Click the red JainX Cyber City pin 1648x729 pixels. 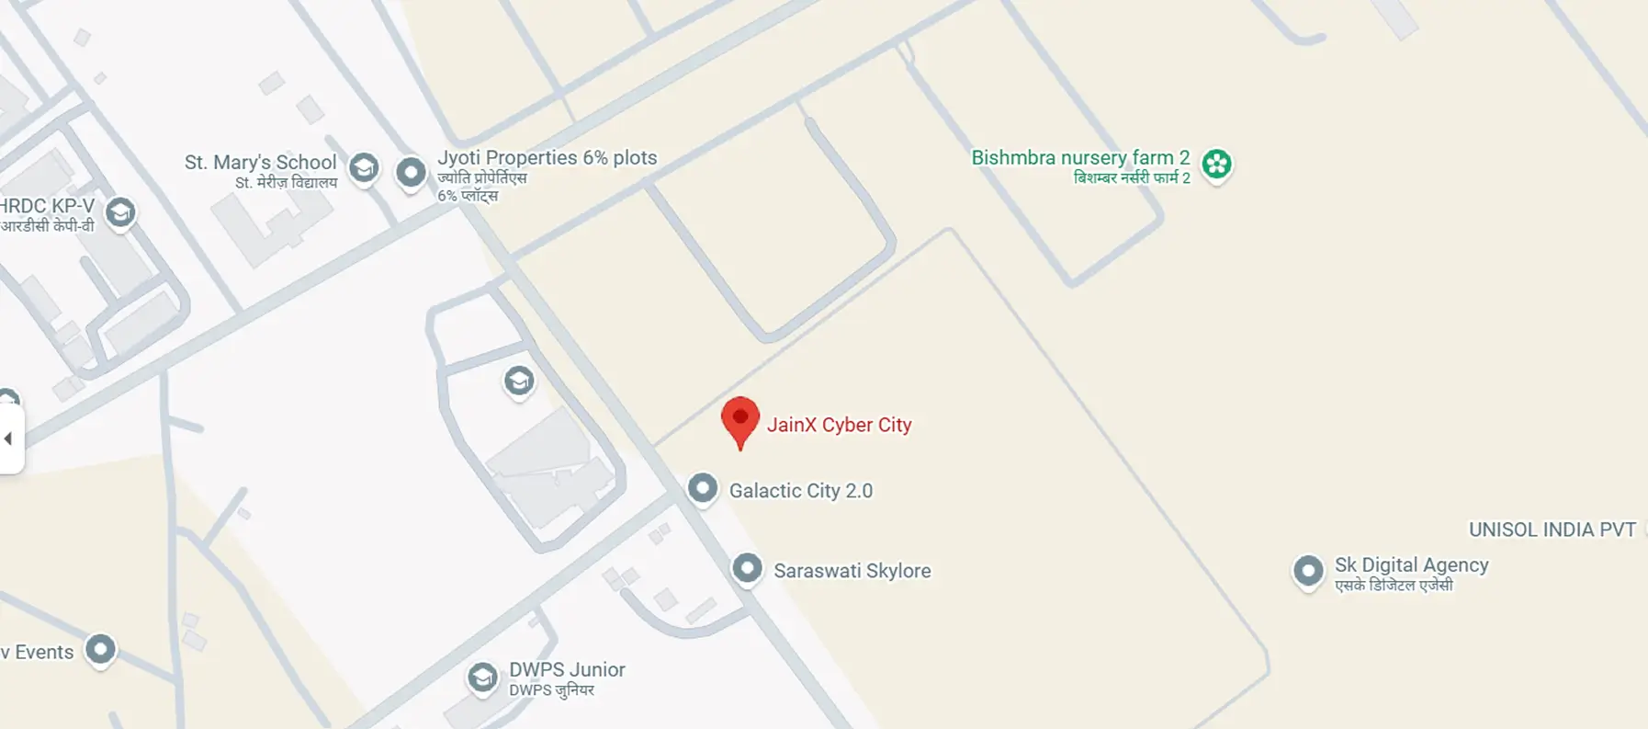coord(739,419)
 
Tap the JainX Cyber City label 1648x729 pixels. coord(839,425)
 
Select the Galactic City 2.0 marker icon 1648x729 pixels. coord(703,487)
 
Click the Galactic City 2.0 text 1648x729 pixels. coord(800,491)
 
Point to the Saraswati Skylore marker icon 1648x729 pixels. coord(747,567)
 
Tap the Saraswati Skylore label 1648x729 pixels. coord(852,571)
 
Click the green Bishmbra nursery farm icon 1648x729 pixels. coord(1216,164)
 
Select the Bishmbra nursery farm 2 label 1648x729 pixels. coord(1080,158)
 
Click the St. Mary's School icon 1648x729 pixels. coord(364,167)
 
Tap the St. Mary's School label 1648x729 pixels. coord(260,163)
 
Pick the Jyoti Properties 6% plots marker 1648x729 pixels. coord(411,171)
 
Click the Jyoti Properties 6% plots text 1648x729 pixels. coord(547,158)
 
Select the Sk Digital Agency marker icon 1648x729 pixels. coord(1307,570)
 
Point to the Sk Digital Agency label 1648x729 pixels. coord(1411,565)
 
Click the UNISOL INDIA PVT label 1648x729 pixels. coord(1552,530)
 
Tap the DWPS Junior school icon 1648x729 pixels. coord(482,678)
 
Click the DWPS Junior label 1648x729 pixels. coord(567,670)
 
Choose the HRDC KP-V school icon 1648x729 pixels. coord(120,212)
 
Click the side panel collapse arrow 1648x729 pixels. coord(9,439)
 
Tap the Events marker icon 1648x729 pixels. coord(100,649)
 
